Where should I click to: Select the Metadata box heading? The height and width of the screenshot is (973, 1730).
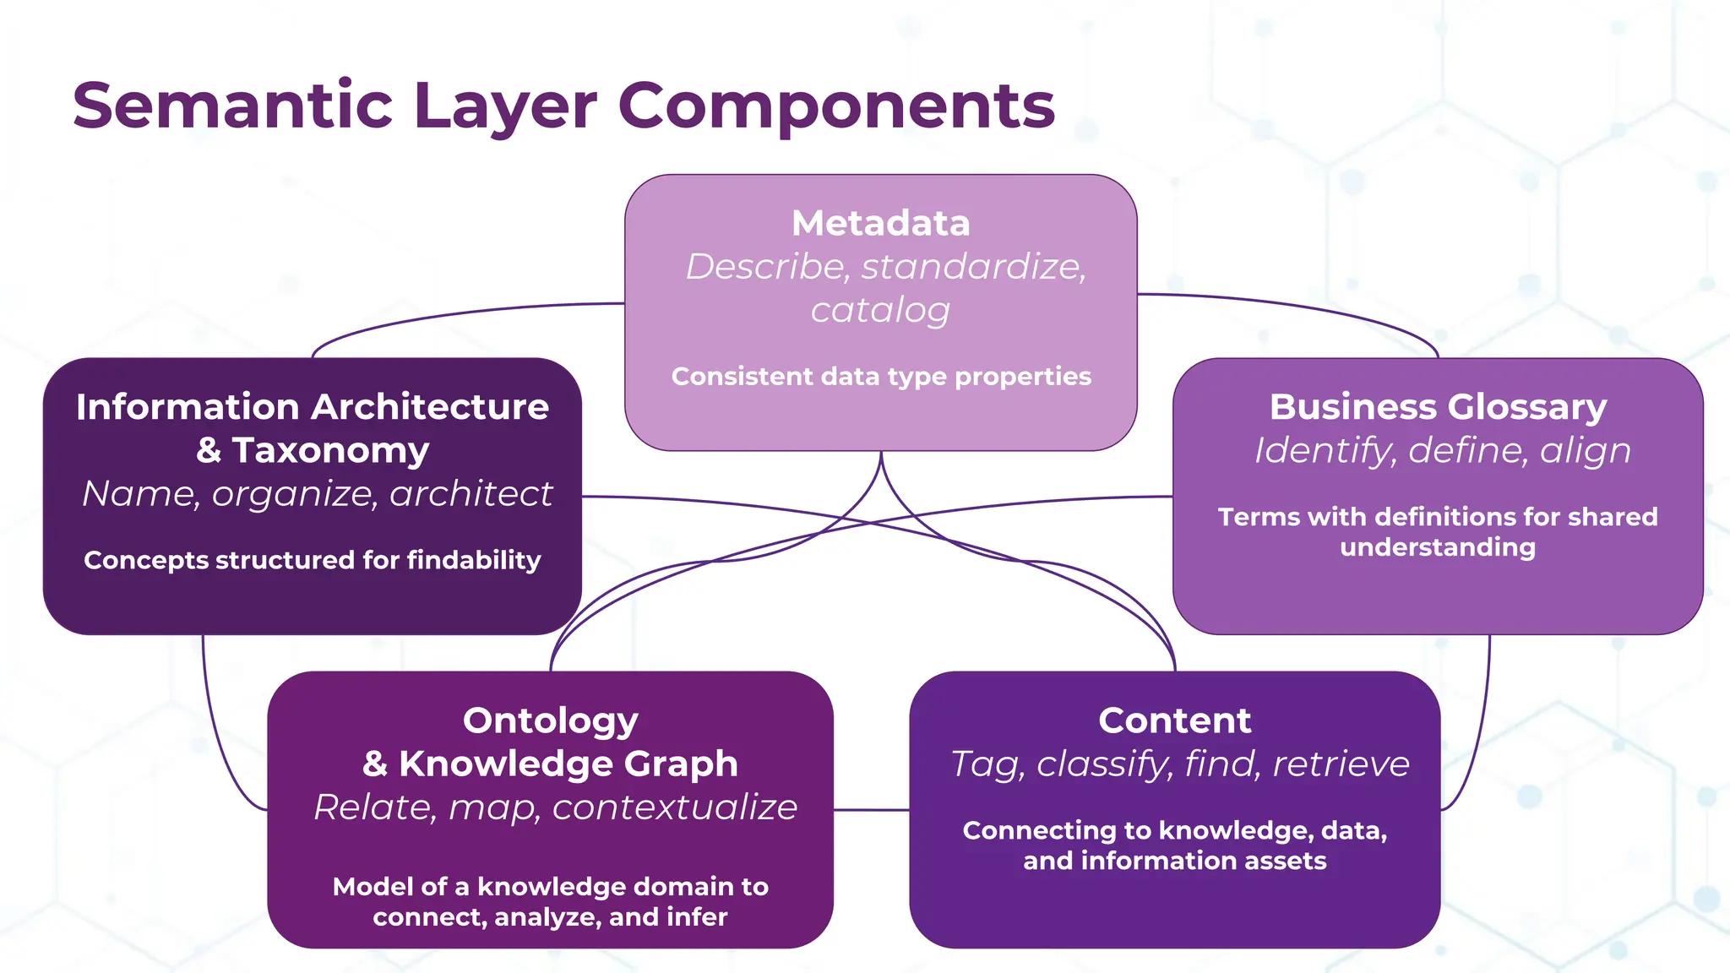880,223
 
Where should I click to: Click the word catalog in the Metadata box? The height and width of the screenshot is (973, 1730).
880,310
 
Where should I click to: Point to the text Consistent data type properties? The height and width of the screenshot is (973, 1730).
880,376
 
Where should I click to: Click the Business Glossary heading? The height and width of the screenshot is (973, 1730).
1438,407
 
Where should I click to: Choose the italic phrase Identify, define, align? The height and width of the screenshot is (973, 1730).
1442,450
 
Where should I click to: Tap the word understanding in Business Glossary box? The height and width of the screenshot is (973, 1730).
1438,547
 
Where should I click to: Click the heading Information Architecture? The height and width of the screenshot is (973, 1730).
313,407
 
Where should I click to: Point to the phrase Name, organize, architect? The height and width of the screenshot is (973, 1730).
317,493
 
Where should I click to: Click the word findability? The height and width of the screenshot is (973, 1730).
474,560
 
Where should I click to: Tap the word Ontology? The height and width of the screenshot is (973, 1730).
551,720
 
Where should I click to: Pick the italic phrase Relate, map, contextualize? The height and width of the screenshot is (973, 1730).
555,807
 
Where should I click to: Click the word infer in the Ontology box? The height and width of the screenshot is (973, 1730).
696,917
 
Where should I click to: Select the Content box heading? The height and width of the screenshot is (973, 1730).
1174,720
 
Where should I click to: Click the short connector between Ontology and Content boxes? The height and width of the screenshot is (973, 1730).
871,810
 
